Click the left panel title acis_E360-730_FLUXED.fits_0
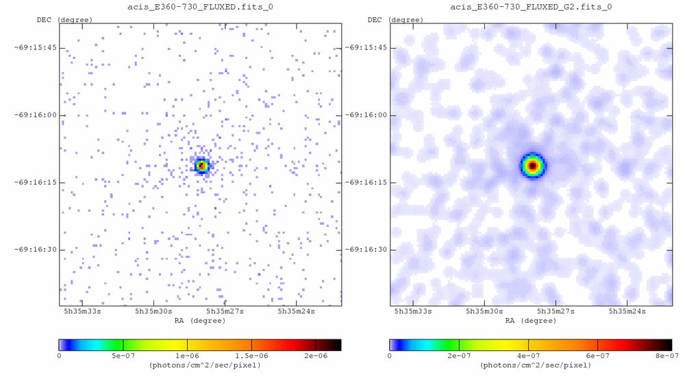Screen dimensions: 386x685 pos(200,7)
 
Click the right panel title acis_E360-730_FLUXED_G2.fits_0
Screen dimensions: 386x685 pos(531,7)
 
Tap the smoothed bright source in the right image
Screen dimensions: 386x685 pos(532,165)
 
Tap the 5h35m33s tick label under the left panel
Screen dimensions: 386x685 pos(82,311)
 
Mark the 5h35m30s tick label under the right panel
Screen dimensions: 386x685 pos(484,311)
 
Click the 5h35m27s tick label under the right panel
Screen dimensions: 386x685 pos(556,311)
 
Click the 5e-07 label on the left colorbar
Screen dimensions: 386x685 pos(123,356)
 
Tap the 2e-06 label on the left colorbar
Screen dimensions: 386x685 pos(315,356)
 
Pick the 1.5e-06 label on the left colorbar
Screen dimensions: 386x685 pos(251,356)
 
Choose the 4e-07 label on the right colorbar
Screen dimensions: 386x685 pos(528,356)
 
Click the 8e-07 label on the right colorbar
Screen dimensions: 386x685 pos(665,356)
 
